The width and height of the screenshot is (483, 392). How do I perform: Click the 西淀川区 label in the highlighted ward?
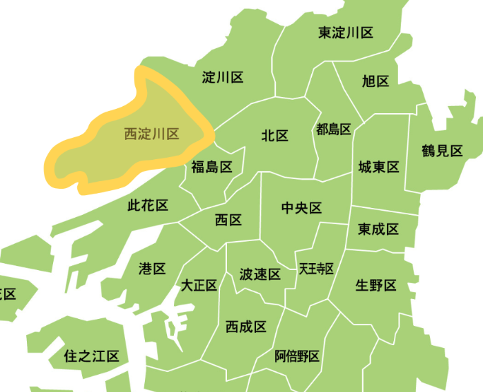(x=152, y=134)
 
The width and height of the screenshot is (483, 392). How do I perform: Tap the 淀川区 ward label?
(x=222, y=77)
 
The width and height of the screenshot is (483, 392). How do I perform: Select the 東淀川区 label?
(x=346, y=32)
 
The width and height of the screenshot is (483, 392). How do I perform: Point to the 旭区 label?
(x=375, y=81)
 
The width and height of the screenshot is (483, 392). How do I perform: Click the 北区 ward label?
(x=275, y=136)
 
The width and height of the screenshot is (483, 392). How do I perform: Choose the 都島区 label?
(x=334, y=130)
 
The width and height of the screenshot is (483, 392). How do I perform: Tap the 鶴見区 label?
(x=442, y=152)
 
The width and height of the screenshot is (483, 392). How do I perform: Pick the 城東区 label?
(x=379, y=167)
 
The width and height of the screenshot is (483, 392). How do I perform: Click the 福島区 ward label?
(x=212, y=167)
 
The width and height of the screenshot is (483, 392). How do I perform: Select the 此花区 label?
(x=148, y=205)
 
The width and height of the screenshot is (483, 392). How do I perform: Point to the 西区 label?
(x=228, y=220)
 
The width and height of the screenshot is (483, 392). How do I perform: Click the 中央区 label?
(x=302, y=208)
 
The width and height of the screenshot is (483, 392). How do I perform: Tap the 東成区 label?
(x=378, y=229)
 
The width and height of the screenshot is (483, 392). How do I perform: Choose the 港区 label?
(x=152, y=269)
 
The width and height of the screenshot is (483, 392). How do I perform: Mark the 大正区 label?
(x=199, y=285)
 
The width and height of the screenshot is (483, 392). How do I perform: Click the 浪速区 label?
(x=259, y=275)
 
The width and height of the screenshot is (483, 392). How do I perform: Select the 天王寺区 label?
(x=316, y=269)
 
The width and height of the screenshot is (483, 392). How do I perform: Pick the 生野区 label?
(x=376, y=285)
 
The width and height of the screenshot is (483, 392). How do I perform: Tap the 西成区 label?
(x=246, y=327)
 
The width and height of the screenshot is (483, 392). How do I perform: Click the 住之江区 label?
(x=91, y=356)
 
